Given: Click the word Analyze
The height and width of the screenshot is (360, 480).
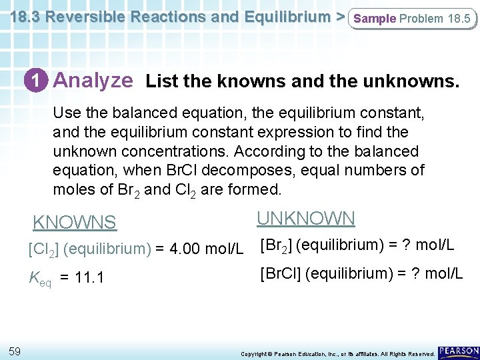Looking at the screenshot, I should [x=93, y=81].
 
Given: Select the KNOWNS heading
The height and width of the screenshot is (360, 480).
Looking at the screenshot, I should [x=75, y=223].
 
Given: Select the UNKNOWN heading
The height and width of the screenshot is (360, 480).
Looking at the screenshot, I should [x=306, y=218].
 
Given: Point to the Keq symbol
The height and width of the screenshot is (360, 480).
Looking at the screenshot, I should [x=39, y=276].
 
